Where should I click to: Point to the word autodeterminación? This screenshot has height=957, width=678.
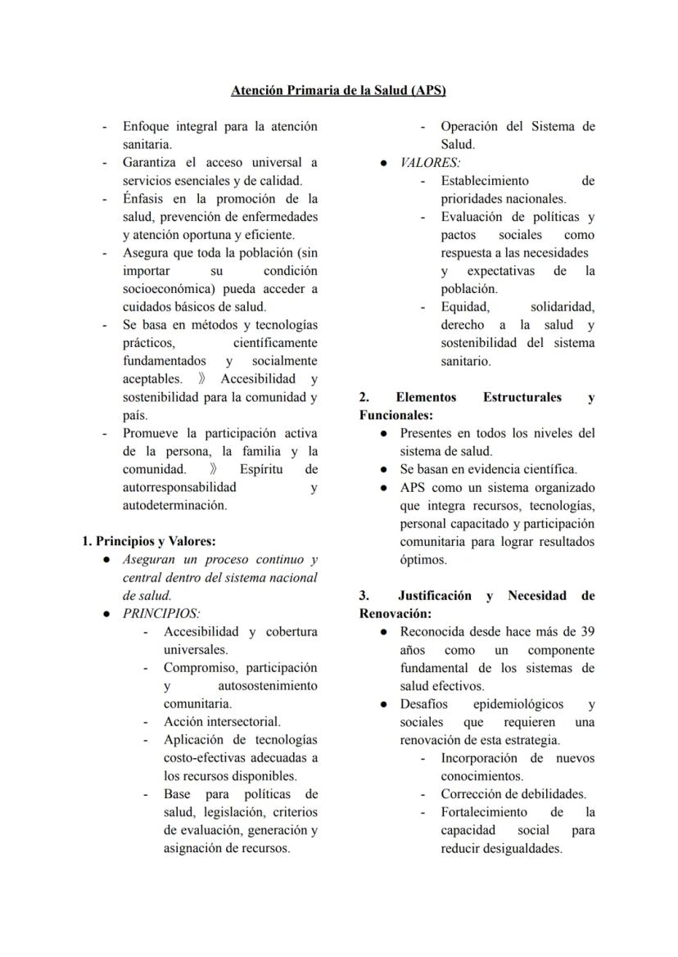(x=174, y=505)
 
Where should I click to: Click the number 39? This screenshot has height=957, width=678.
(x=587, y=631)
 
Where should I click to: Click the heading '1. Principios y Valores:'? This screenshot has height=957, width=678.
(x=149, y=541)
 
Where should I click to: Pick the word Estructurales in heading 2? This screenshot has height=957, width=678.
(x=522, y=397)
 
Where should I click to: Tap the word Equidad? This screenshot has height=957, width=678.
(x=465, y=307)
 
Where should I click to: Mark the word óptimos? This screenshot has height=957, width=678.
(x=423, y=559)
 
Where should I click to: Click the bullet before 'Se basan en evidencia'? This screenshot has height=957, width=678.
(x=383, y=469)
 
